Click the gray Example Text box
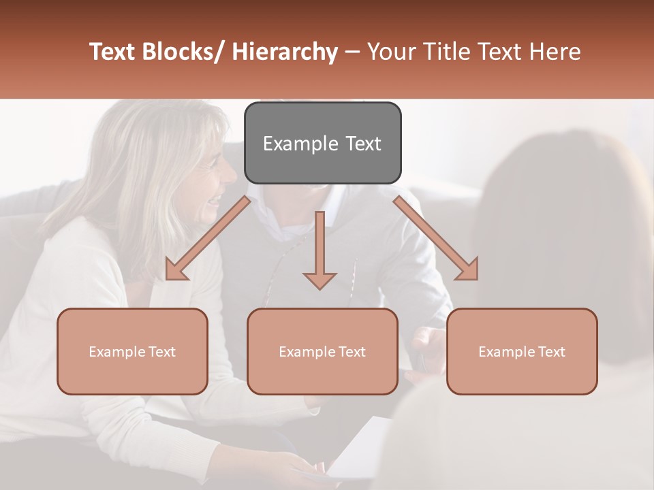tap(322, 143)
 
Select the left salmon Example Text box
tap(132, 351)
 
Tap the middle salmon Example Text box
tap(322, 351)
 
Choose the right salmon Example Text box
tap(522, 351)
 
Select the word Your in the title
tap(390, 52)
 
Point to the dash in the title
tap(352, 53)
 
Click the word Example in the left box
tap(118, 351)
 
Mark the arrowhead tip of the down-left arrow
tap(168, 278)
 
